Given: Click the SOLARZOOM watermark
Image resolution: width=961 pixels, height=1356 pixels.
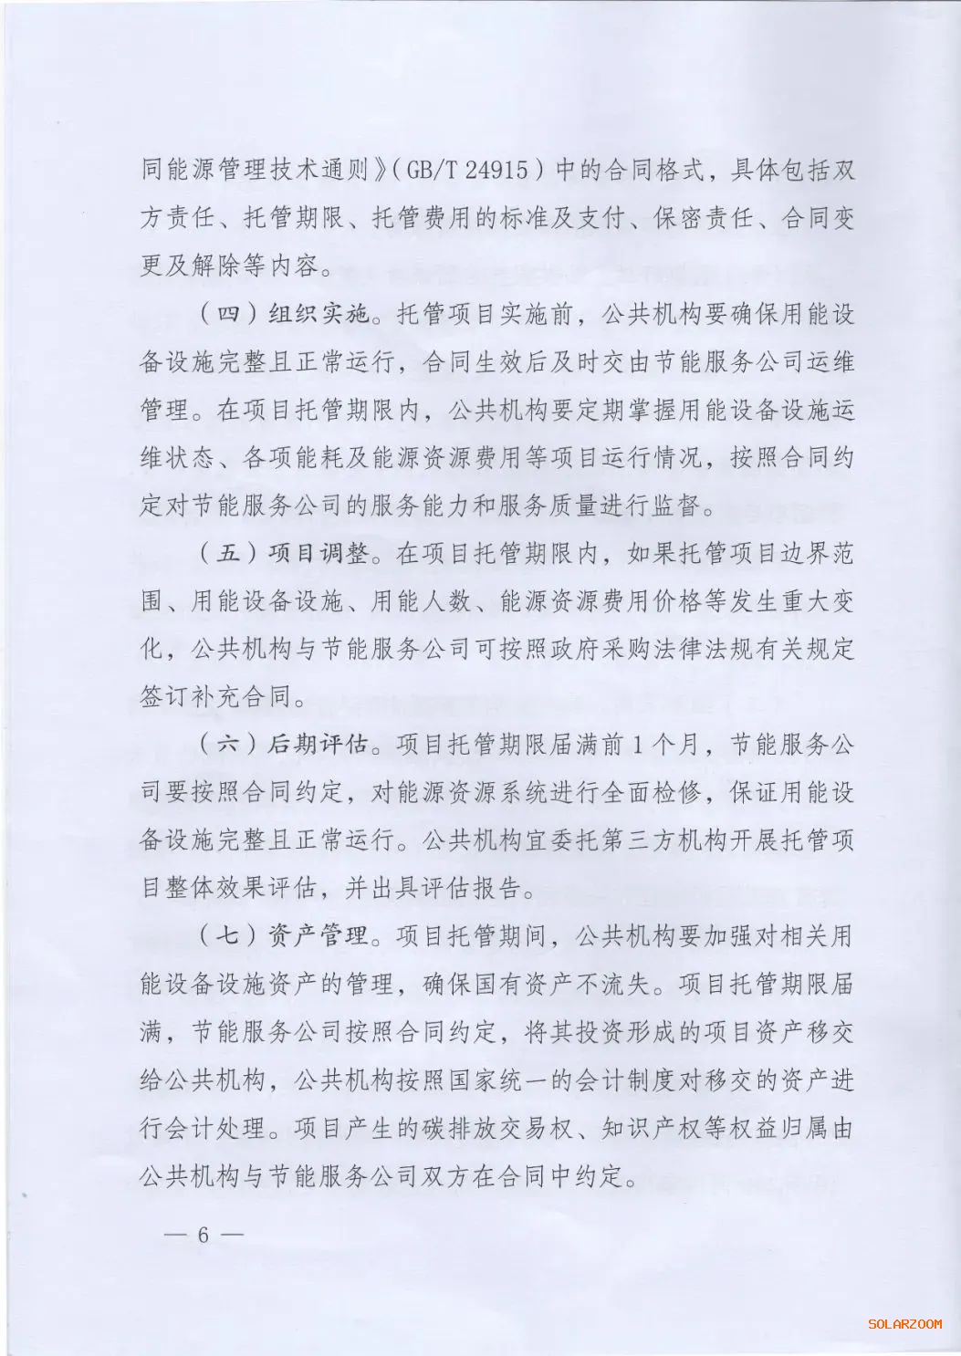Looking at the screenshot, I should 904,1322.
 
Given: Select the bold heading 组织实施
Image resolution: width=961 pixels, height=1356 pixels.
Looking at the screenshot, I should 319,315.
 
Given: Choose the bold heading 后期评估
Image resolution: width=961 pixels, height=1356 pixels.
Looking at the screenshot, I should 319,745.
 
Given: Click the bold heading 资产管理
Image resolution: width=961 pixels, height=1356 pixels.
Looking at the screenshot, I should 319,936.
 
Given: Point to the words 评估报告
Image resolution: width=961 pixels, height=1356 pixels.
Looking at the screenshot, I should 475,888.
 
